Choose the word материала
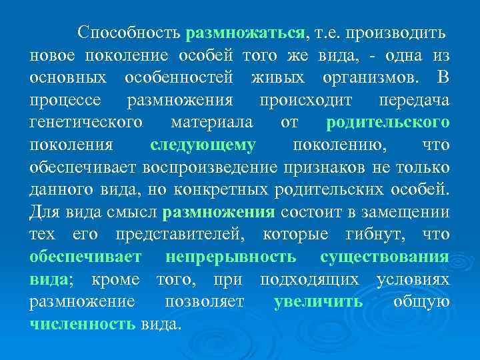click(211, 123)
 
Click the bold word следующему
click(203, 145)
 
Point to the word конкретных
click(222, 191)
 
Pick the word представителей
click(179, 236)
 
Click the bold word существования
click(385, 257)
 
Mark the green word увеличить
click(318, 302)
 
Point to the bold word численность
click(83, 325)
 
